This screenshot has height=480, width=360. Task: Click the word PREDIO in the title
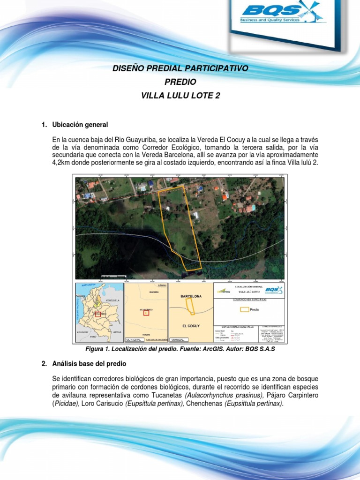(x=180, y=82)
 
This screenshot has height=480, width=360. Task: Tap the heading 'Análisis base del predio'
(x=89, y=364)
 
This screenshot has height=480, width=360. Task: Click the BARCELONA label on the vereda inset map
(x=191, y=297)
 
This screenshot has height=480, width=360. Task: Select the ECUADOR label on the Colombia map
(x=82, y=332)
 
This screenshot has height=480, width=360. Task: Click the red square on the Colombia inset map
(x=97, y=314)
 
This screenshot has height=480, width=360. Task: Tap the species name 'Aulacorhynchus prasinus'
(x=220, y=395)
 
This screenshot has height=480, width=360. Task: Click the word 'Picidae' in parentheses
(x=65, y=404)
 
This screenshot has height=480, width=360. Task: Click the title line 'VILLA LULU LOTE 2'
(x=180, y=96)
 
